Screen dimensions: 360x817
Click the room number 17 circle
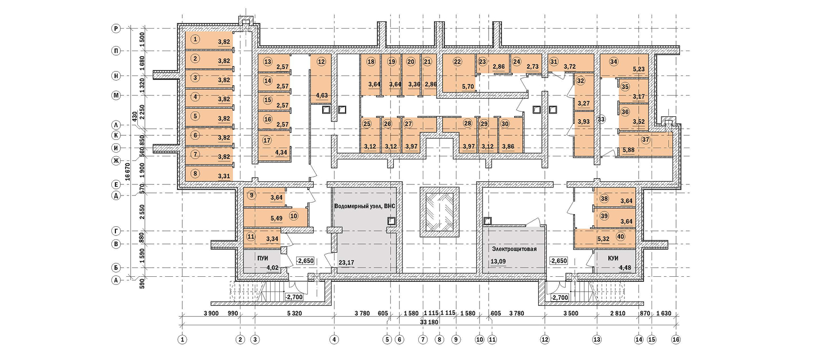coord(267,140)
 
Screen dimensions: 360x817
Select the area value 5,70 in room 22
coord(468,87)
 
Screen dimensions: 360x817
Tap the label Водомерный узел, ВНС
coord(364,206)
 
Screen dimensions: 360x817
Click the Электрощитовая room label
coord(514,249)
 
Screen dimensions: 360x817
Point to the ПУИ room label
coord(263,258)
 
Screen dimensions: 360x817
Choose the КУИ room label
coord(613,258)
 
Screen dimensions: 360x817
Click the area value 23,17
coord(346,263)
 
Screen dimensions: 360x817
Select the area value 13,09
coord(498,261)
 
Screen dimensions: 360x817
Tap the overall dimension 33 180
coord(429,322)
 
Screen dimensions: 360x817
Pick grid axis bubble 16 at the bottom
coord(676,339)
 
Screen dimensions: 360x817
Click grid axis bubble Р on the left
coord(116,29)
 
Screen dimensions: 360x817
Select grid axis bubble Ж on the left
coord(116,161)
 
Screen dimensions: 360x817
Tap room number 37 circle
coord(646,139)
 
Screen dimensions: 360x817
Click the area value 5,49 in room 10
coord(276,219)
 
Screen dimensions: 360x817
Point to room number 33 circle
coord(601,119)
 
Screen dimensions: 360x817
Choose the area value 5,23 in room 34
coord(638,69)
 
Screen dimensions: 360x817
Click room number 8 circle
coord(195,174)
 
